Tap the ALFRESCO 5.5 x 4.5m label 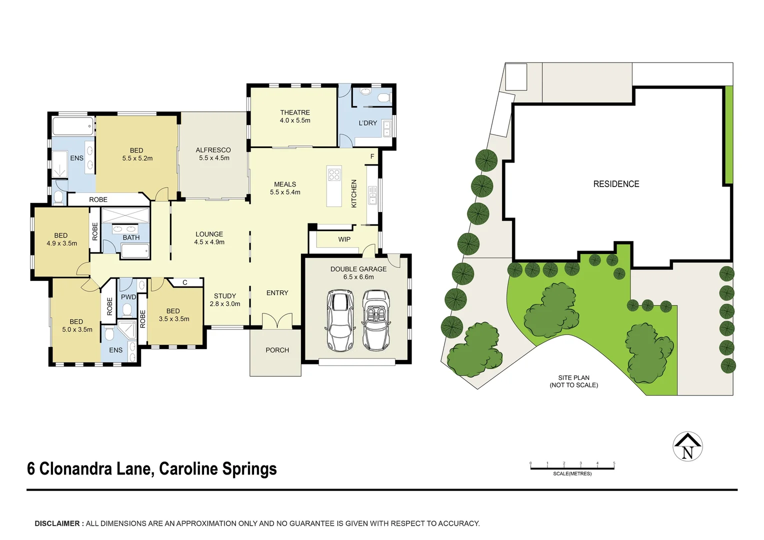pyautogui.click(x=213, y=154)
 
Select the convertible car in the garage pyautogui.click(x=375, y=320)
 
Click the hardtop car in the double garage pyautogui.click(x=339, y=320)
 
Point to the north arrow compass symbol pyautogui.click(x=687, y=446)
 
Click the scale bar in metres pyautogui.click(x=572, y=468)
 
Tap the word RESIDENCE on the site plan pyautogui.click(x=616, y=184)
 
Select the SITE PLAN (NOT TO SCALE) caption pyautogui.click(x=573, y=381)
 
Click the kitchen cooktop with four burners pyautogui.click(x=334, y=174)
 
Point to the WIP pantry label pyautogui.click(x=344, y=239)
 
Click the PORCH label pyautogui.click(x=277, y=350)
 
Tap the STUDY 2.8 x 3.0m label pyautogui.click(x=225, y=300)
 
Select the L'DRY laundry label pyautogui.click(x=367, y=123)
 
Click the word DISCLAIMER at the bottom pyautogui.click(x=57, y=523)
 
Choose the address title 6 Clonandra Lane pyautogui.click(x=151, y=469)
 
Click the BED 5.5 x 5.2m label pyautogui.click(x=137, y=154)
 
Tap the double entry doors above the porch pyautogui.click(x=277, y=321)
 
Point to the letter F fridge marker pyautogui.click(x=372, y=156)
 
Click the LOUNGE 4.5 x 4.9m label pyautogui.click(x=209, y=238)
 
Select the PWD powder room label pyautogui.click(x=128, y=297)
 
